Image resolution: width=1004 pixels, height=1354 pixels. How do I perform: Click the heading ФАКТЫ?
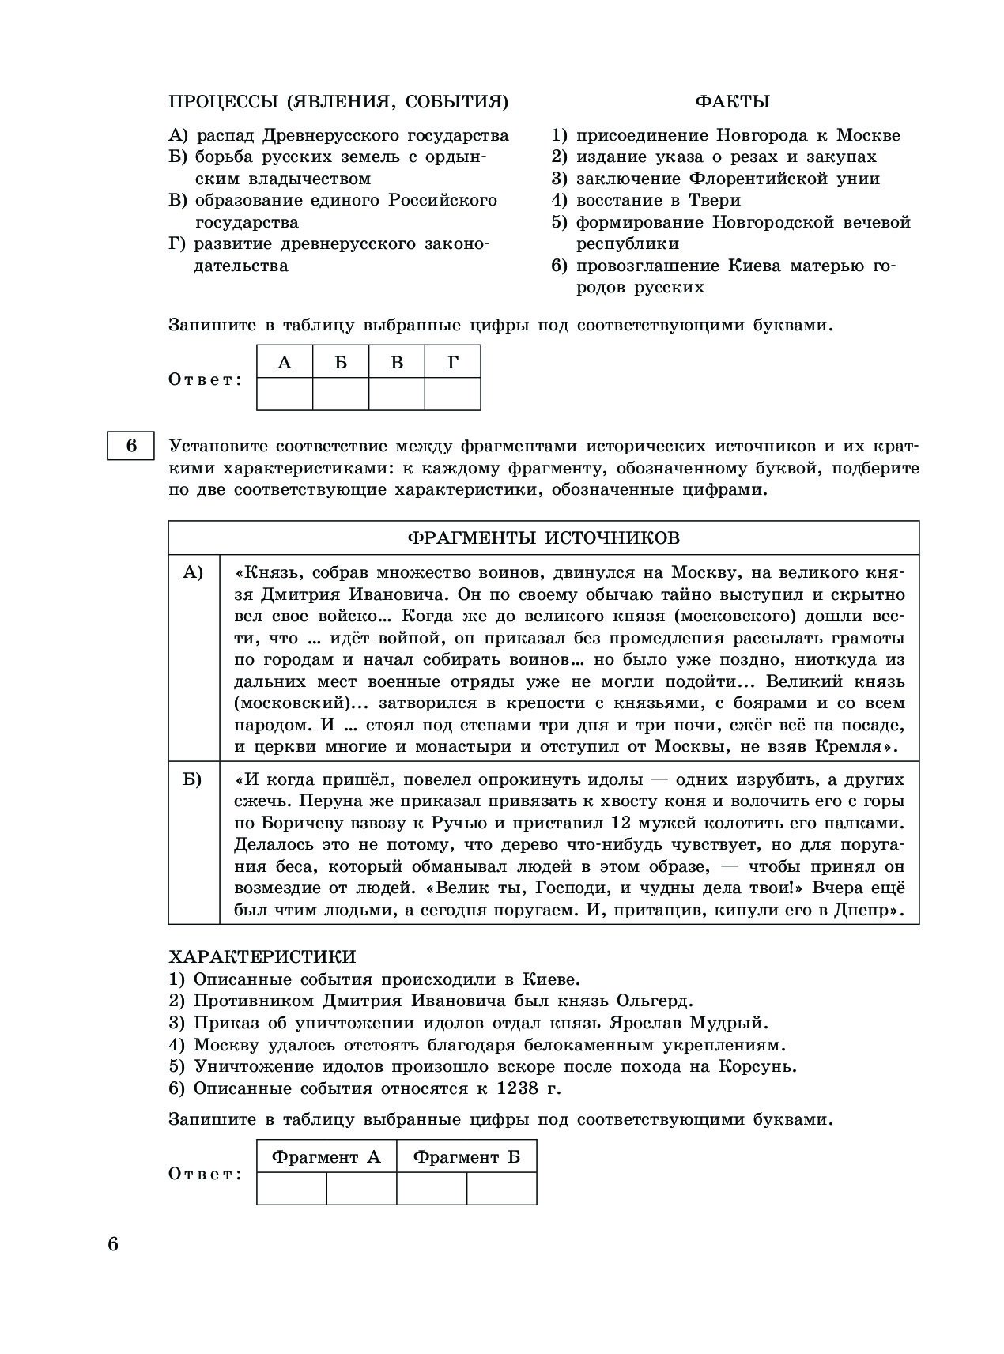coord(732,101)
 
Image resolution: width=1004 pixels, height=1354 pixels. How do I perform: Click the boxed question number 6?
coord(131,446)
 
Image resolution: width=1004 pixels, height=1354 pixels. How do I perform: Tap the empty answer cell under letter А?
coord(285,394)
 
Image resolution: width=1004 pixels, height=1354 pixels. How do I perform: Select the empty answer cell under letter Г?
coord(453,394)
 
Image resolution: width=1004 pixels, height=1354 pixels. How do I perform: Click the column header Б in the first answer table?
coord(341,362)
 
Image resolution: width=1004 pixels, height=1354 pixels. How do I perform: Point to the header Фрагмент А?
coord(326,1157)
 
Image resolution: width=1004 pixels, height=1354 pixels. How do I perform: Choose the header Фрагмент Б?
coord(466,1157)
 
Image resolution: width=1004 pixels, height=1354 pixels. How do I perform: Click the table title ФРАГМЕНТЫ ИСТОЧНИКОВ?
coord(543,538)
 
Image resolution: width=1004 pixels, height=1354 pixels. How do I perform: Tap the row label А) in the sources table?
coord(194,572)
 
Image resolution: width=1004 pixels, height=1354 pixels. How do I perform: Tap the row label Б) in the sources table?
coord(193,780)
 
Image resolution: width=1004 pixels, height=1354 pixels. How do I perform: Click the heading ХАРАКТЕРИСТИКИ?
coord(262,957)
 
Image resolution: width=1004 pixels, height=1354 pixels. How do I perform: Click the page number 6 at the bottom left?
coord(113,1245)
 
